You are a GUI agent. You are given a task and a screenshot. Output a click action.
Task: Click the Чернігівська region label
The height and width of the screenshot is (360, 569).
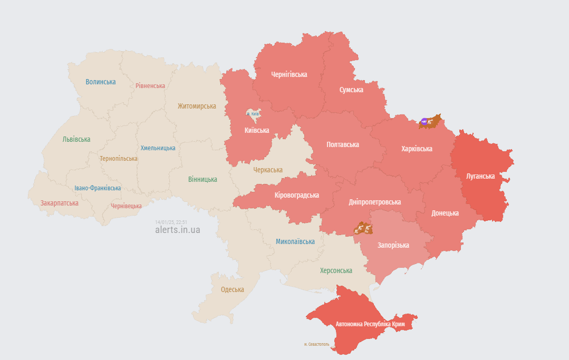pyautogui.click(x=289, y=74)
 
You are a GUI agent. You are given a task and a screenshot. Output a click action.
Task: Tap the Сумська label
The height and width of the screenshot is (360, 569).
pyautogui.click(x=351, y=90)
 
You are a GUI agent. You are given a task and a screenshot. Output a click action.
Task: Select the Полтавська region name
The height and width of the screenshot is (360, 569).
pyautogui.click(x=343, y=144)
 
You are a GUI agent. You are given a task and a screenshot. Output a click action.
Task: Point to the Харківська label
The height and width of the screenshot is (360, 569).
pyautogui.click(x=417, y=149)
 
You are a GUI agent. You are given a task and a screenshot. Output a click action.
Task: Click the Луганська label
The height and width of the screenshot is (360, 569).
pyautogui.click(x=480, y=176)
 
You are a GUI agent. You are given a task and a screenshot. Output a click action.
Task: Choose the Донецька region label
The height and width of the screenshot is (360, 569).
pyautogui.click(x=445, y=213)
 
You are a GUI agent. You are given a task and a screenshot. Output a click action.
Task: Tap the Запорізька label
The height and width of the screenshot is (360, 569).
pyautogui.click(x=393, y=245)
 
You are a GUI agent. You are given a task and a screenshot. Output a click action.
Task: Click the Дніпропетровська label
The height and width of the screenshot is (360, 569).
pyautogui.click(x=374, y=202)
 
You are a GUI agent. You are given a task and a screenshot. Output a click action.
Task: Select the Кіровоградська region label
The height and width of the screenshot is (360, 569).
pyautogui.click(x=296, y=195)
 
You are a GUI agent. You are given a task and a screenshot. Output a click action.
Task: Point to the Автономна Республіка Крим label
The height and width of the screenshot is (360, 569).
pyautogui.click(x=370, y=324)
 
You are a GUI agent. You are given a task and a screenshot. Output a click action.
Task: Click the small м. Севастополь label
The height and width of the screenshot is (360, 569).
pyautogui.click(x=316, y=344)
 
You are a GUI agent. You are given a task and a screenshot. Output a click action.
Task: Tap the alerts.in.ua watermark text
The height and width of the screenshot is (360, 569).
pyautogui.click(x=178, y=230)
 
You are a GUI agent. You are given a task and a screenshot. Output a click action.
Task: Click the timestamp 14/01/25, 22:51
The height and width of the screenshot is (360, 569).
pyautogui.click(x=171, y=222)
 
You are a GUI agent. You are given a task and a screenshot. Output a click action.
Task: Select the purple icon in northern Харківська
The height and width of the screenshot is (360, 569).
pyautogui.click(x=424, y=122)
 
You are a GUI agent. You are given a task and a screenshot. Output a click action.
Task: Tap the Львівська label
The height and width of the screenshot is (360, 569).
pyautogui.click(x=76, y=139)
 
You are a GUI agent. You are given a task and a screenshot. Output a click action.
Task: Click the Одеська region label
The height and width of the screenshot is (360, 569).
pyautogui.click(x=232, y=289)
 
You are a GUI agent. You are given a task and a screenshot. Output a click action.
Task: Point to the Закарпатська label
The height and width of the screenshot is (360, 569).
pyautogui.click(x=59, y=203)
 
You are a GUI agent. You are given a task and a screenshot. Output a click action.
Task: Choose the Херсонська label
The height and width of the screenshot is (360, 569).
pyautogui.click(x=336, y=270)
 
